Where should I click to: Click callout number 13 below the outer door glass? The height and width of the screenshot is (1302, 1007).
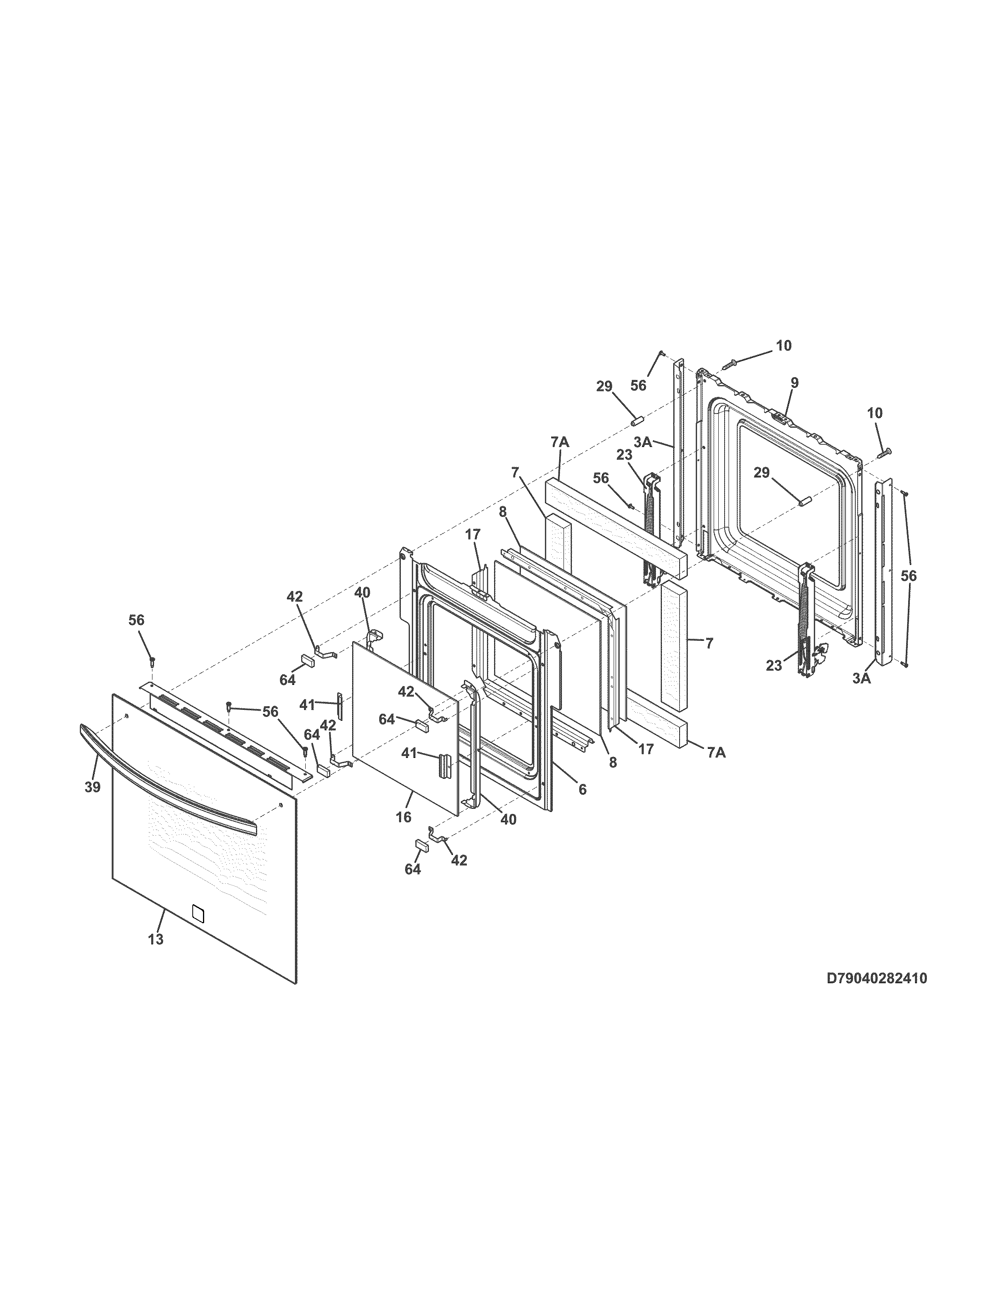click(x=155, y=939)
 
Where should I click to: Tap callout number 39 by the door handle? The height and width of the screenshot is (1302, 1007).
click(x=92, y=787)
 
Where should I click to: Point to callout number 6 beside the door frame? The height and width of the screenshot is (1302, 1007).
click(x=582, y=789)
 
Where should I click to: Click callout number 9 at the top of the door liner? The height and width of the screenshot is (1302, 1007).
click(x=794, y=383)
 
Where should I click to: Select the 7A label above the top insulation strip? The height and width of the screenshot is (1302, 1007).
click(x=560, y=442)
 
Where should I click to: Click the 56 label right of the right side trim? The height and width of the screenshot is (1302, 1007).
click(x=909, y=576)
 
